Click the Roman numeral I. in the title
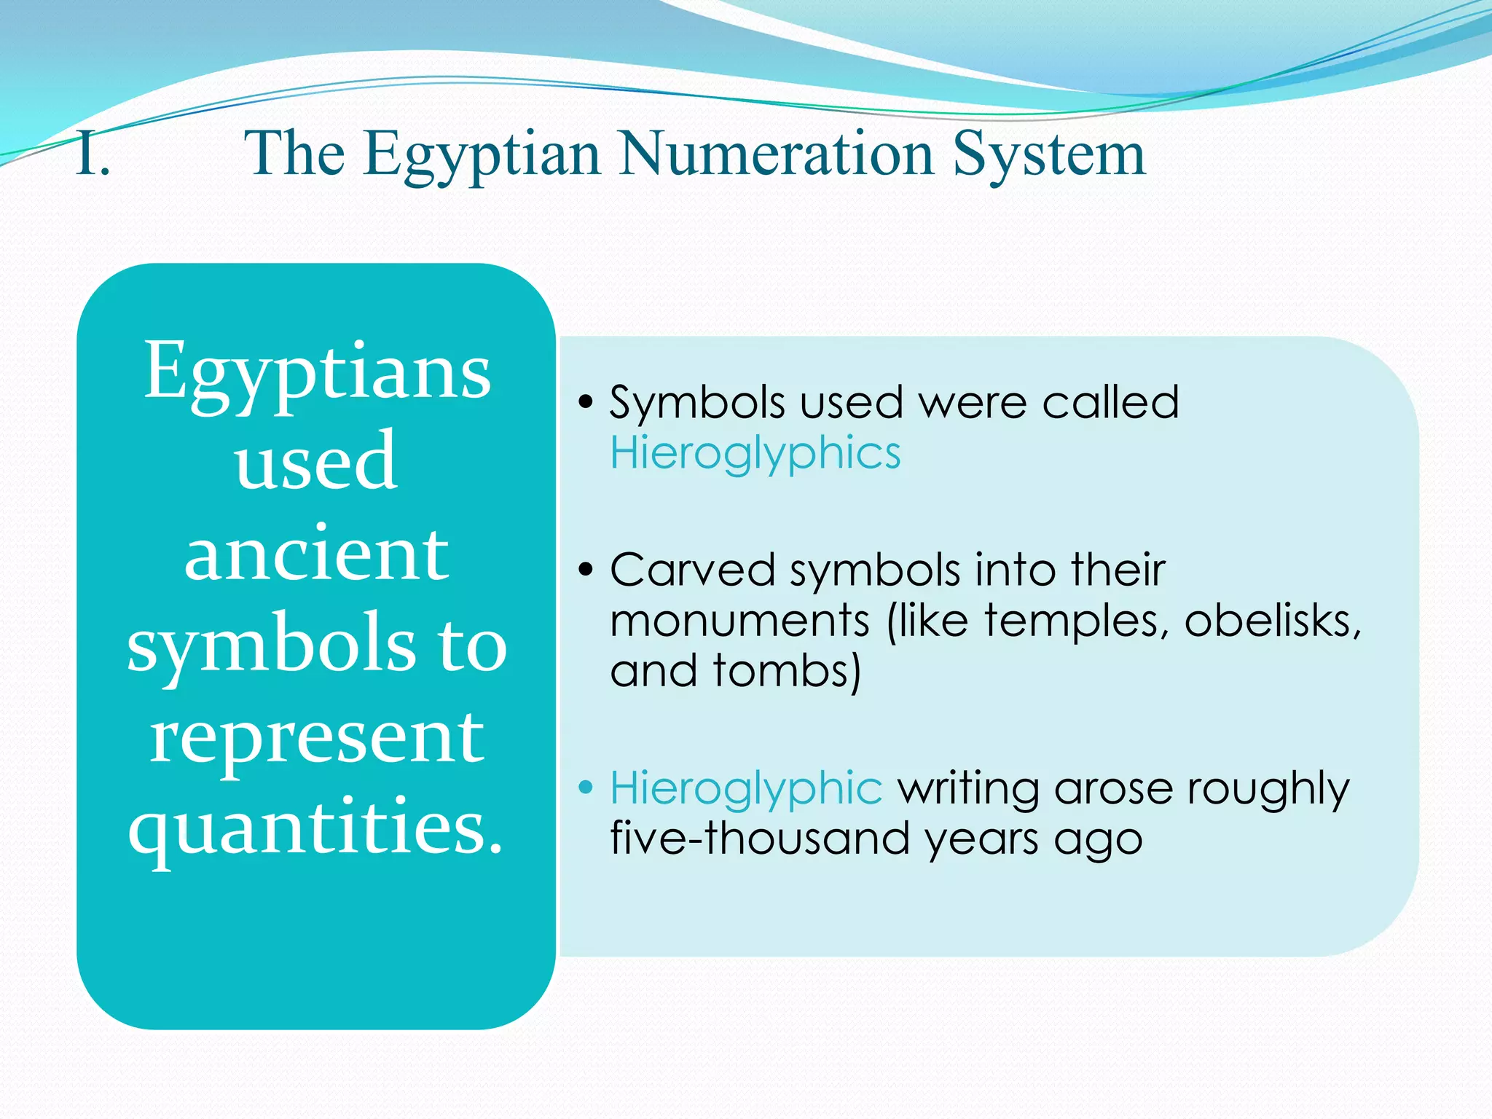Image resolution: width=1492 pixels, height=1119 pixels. click(93, 154)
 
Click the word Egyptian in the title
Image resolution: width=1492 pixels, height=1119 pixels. click(482, 154)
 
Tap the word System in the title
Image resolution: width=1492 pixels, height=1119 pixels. click(1048, 154)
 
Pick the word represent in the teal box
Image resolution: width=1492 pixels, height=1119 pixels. click(317, 737)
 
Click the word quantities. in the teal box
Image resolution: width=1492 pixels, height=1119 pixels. click(317, 827)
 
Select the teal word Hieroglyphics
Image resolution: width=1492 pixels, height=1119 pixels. click(755, 453)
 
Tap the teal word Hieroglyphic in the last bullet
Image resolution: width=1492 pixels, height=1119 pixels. click(746, 788)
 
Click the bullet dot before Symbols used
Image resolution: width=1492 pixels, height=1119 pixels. click(586, 402)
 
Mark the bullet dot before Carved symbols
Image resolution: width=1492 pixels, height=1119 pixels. click(586, 570)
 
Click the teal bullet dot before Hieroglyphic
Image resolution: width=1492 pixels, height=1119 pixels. click(586, 788)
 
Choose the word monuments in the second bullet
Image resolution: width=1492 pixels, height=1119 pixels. click(739, 621)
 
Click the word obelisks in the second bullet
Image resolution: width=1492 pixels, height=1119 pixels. click(1272, 621)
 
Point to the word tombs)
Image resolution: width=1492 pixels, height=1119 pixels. click(787, 670)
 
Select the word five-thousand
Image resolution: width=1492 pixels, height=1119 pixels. click(760, 838)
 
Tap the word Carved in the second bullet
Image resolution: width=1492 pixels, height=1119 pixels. click(692, 570)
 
